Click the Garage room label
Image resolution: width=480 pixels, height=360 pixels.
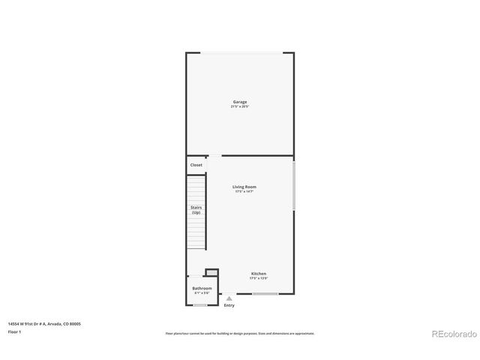[239, 102]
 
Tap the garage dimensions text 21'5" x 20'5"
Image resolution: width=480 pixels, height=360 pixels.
[239, 107]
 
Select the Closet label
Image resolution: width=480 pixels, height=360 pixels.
[196, 165]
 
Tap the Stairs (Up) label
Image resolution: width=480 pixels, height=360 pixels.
[196, 210]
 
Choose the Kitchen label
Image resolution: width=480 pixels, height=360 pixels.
[259, 274]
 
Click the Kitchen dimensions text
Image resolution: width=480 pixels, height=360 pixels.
[259, 279]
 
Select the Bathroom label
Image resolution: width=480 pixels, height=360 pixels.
[202, 288]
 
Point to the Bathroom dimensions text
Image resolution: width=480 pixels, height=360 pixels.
[202, 293]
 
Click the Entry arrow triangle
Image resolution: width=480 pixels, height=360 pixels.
[229, 298]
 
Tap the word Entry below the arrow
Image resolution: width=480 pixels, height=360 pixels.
[229, 305]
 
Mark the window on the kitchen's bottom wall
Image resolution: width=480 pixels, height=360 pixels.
[265, 294]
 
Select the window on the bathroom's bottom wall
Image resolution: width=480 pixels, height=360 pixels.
[200, 304]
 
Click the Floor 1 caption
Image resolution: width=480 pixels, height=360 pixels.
[14, 331]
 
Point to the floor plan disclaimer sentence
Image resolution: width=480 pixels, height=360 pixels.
[240, 334]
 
